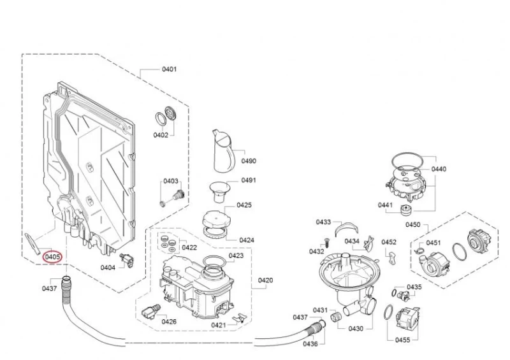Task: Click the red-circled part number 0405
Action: coord(52,257)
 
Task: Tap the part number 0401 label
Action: coord(169,69)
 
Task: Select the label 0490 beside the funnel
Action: coord(248,161)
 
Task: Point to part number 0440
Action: coord(439,169)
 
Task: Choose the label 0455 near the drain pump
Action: coord(402,340)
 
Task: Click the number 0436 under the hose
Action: coord(310,344)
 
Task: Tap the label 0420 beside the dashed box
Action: coord(266,280)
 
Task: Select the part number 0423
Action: coord(236,256)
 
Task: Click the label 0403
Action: coord(171,182)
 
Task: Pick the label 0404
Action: coord(108,268)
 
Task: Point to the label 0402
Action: coord(160,135)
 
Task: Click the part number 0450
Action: coord(413,225)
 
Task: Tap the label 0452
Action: coord(389,242)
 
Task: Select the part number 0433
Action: coord(323,222)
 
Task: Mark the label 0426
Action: coord(169,322)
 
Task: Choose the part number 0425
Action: coord(244,205)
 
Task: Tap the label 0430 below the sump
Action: coord(356,328)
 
